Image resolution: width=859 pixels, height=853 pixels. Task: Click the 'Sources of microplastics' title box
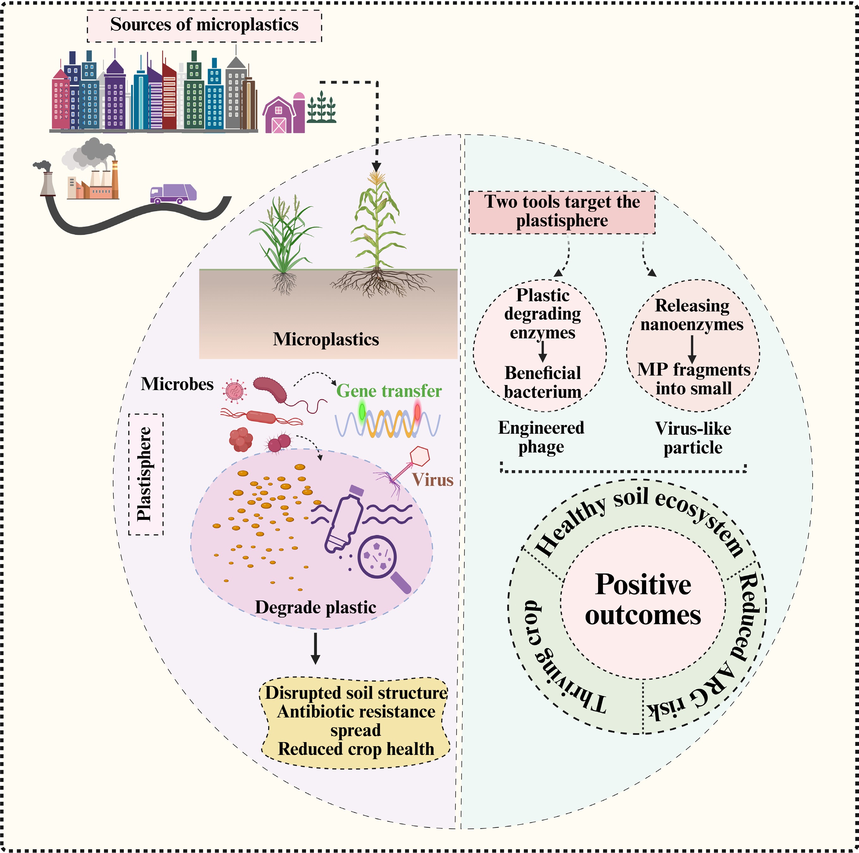pyautogui.click(x=204, y=25)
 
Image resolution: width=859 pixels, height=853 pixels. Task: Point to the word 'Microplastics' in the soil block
pyautogui.click(x=326, y=339)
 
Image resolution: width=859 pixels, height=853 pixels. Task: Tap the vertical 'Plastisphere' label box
pyautogui.click(x=145, y=474)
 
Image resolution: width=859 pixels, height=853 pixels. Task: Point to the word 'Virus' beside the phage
pyautogui.click(x=432, y=480)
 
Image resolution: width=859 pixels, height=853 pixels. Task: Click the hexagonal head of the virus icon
pyautogui.click(x=419, y=456)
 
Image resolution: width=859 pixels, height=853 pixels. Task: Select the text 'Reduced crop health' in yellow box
pyautogui.click(x=356, y=749)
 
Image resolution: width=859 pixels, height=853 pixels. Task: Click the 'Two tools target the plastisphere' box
pyautogui.click(x=562, y=212)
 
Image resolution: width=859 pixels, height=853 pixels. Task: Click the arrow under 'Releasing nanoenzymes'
pyautogui.click(x=692, y=349)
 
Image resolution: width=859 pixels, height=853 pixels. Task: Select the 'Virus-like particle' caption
pyautogui.click(x=693, y=438)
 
